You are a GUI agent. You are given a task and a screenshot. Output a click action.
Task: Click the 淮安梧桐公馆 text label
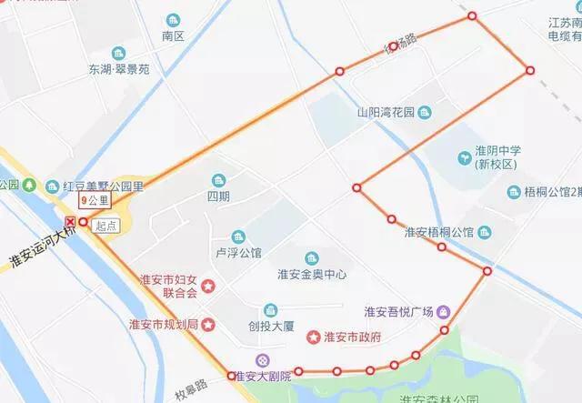(x=439, y=232)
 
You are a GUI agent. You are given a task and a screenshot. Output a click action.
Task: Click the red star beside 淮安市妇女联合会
(x=209, y=287)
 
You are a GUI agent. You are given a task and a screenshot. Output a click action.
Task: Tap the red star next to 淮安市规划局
(x=209, y=324)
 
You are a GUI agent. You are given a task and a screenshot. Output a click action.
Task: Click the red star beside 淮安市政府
(x=314, y=338)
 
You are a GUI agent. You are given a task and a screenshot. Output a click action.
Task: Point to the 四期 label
(x=218, y=196)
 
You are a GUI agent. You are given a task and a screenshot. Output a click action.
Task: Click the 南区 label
(x=173, y=36)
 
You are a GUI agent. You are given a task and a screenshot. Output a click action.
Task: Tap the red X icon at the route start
(x=71, y=222)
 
